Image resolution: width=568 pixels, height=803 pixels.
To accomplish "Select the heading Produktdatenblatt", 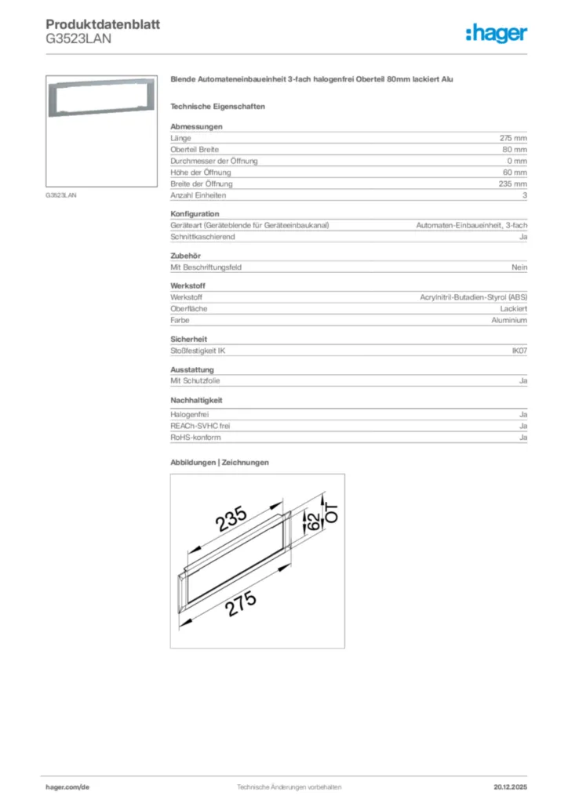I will [103, 24].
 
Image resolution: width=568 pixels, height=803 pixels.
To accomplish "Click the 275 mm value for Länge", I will [513, 138].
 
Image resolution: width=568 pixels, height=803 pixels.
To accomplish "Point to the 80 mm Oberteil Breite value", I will [515, 149].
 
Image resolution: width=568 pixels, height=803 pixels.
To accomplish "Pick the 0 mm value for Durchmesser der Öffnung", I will [516, 161].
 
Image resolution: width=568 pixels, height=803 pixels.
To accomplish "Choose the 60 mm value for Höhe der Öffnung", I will [515, 173].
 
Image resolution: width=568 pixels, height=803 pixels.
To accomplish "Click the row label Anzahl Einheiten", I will [198, 195].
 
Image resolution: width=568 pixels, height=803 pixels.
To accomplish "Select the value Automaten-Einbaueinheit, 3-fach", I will [471, 225].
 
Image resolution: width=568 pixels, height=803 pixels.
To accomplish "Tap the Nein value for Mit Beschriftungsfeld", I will [519, 267].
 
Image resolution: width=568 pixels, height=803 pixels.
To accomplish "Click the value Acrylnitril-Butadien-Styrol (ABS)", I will [474, 298].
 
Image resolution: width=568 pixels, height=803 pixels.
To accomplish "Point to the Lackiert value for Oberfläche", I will [513, 309].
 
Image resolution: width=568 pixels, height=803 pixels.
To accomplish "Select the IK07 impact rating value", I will [519, 351].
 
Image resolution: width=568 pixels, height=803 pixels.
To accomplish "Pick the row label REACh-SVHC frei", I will [200, 426].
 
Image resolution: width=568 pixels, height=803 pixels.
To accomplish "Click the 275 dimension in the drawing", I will [242, 605].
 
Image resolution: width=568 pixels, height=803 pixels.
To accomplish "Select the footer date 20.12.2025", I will [510, 787].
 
